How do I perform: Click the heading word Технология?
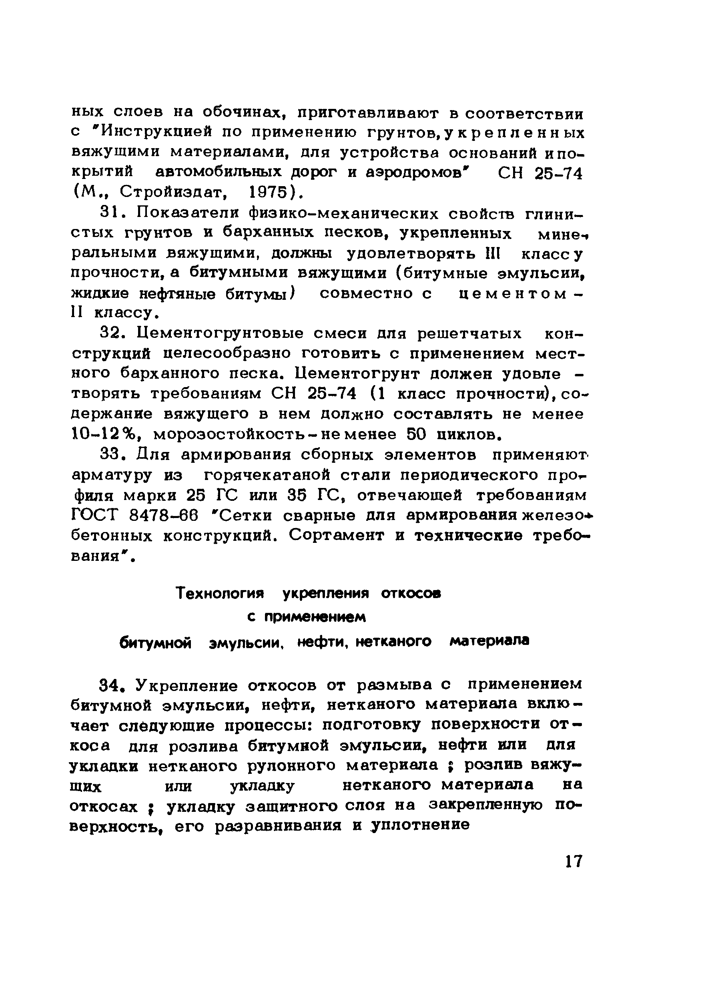(220, 594)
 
